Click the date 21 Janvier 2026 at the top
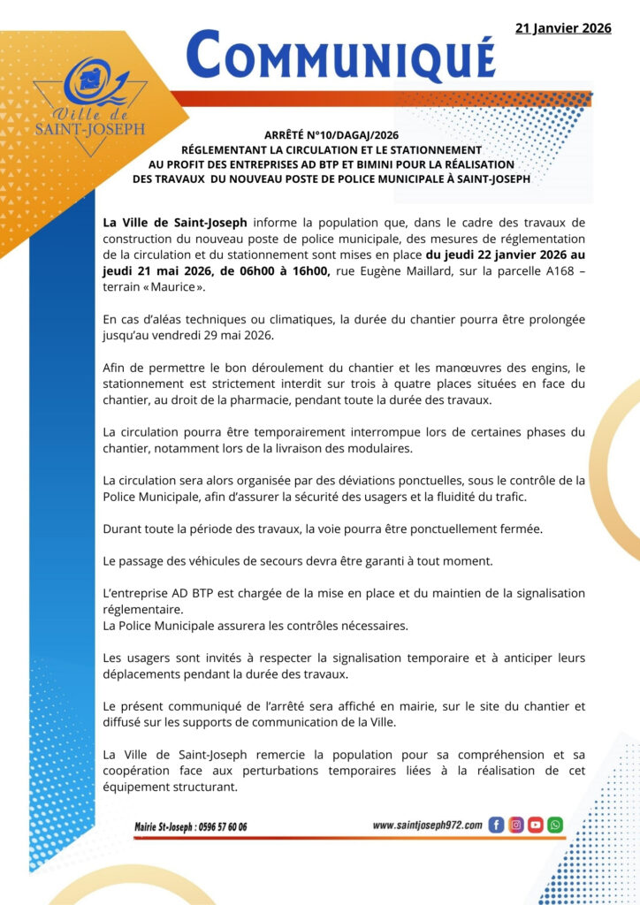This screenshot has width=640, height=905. (x=563, y=28)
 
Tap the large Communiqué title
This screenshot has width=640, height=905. (x=341, y=55)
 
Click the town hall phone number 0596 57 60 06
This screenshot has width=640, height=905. (x=216, y=826)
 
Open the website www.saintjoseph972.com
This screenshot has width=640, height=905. (x=427, y=825)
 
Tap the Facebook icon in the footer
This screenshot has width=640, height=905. (x=496, y=825)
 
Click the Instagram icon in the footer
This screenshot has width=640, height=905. (x=515, y=825)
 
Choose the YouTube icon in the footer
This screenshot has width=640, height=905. (x=535, y=825)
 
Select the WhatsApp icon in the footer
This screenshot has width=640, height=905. (x=554, y=825)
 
